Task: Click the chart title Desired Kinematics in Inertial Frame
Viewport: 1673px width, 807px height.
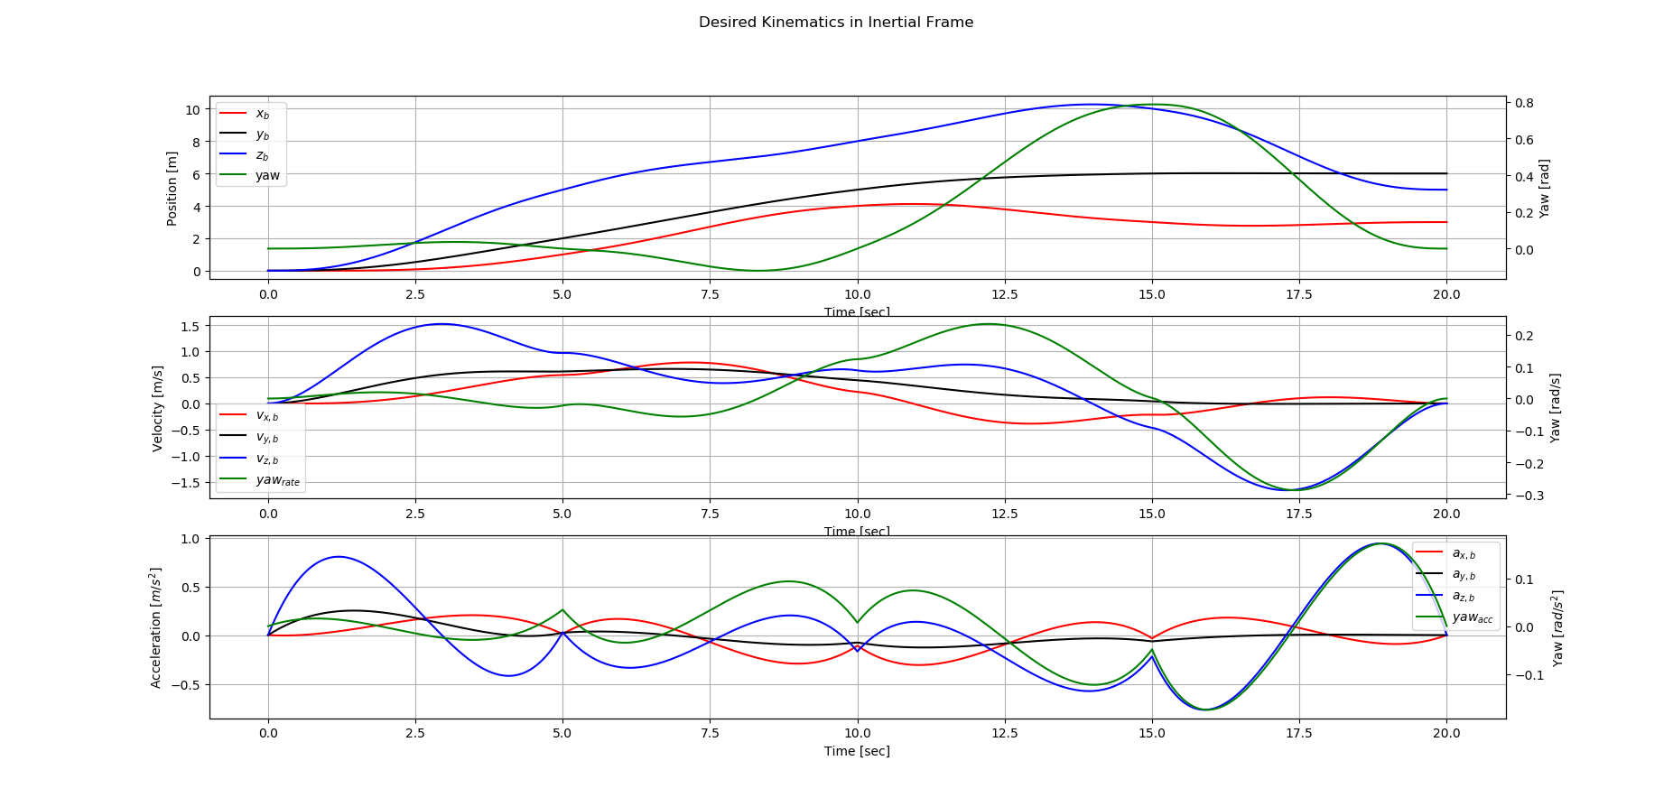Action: tap(835, 23)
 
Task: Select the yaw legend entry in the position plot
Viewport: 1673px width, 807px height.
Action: tap(267, 176)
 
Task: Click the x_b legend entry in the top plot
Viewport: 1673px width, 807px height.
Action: tap(262, 114)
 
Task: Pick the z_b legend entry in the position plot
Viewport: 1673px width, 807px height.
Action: tap(262, 155)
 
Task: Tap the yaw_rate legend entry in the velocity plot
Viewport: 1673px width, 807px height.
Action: tap(277, 480)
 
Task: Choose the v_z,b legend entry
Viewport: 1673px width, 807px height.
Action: tap(266, 459)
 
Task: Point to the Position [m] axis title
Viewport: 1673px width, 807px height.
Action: tap(172, 188)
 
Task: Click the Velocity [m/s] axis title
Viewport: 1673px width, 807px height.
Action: tap(158, 408)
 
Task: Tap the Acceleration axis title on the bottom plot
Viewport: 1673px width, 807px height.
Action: tap(156, 627)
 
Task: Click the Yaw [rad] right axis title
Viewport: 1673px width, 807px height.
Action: tap(1544, 189)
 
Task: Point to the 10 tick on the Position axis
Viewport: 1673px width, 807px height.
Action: tap(192, 110)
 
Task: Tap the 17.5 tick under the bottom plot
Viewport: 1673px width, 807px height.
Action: tap(1299, 734)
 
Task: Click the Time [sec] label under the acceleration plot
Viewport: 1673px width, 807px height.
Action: tap(857, 751)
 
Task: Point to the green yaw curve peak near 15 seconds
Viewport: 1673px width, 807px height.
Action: tap(1151, 105)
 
